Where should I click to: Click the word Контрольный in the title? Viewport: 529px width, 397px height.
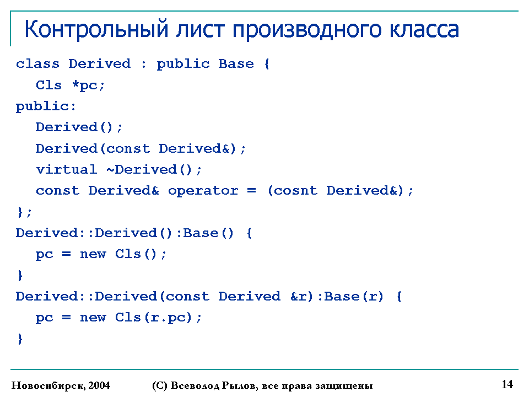click(96, 29)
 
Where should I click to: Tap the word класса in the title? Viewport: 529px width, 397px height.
click(424, 30)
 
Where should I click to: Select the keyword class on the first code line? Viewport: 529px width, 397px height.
click(37, 63)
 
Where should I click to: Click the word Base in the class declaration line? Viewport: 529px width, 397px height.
click(236, 63)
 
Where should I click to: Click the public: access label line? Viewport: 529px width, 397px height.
click(46, 106)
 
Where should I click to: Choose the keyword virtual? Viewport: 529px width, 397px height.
click(67, 169)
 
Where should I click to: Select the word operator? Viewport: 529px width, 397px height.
click(203, 191)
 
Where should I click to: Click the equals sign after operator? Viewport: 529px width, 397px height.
click(251, 191)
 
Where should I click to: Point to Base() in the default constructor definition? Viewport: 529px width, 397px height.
click(208, 233)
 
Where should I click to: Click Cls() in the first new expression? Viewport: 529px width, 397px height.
click(136, 254)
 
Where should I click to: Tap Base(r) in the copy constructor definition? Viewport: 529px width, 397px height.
click(354, 297)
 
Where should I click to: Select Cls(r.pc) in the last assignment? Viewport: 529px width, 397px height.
click(154, 318)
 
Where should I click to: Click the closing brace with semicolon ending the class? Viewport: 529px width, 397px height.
click(24, 212)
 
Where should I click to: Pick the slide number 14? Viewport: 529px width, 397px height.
click(508, 384)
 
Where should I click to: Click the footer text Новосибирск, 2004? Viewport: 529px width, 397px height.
click(61, 385)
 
